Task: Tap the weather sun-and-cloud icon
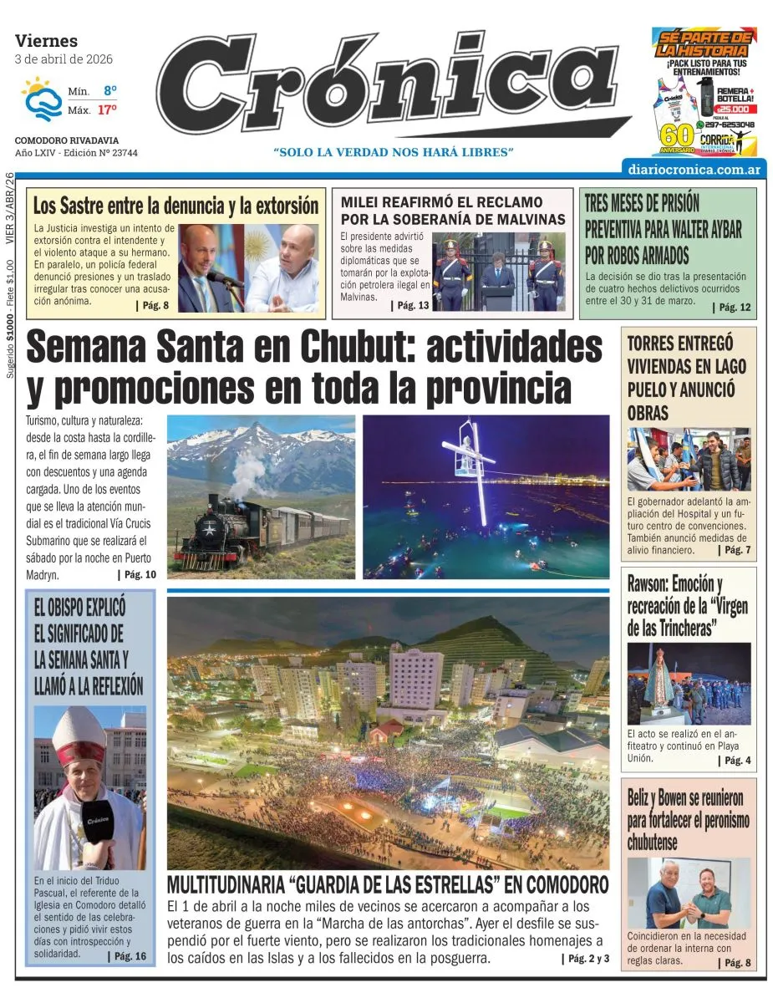pos(39,99)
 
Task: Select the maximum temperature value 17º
pos(106,109)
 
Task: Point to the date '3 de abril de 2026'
pos(64,59)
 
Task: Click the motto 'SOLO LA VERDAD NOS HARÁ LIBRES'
pos(393,152)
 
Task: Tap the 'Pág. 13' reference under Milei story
pos(411,306)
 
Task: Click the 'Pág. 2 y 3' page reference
pos(588,959)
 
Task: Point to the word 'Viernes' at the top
pos(46,40)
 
